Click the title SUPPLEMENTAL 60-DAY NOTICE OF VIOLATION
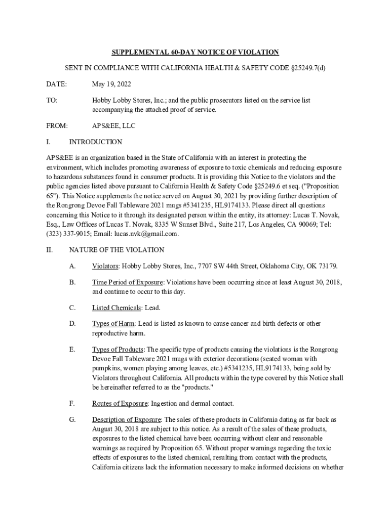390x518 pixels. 195,52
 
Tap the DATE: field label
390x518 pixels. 56,84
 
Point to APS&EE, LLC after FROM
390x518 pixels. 113,125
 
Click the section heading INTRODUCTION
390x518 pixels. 95,142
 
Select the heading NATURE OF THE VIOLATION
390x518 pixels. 116,250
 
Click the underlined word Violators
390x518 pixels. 105,266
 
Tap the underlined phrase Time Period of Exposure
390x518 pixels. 128,282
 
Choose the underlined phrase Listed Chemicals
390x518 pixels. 117,308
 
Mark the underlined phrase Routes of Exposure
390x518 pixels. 120,404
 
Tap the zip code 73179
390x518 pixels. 327,266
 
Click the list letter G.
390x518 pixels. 72,420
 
